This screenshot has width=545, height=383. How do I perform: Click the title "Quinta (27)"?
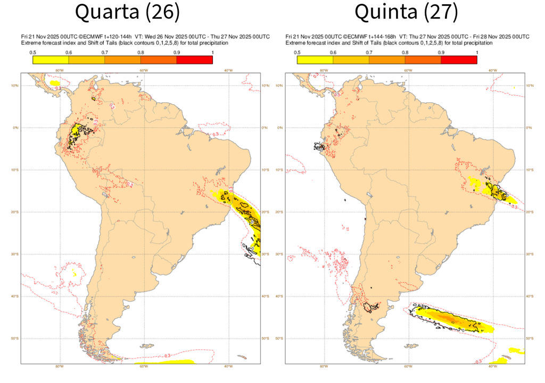[x=406, y=12]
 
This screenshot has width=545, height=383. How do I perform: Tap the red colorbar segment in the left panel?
[x=195, y=60]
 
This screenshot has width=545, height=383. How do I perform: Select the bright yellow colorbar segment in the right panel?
[x=315, y=60]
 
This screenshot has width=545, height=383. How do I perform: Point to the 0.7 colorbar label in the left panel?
[x=104, y=52]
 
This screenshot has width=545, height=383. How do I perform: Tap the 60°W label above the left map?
[x=143, y=70]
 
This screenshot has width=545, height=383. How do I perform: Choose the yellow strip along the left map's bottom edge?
[x=170, y=362]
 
